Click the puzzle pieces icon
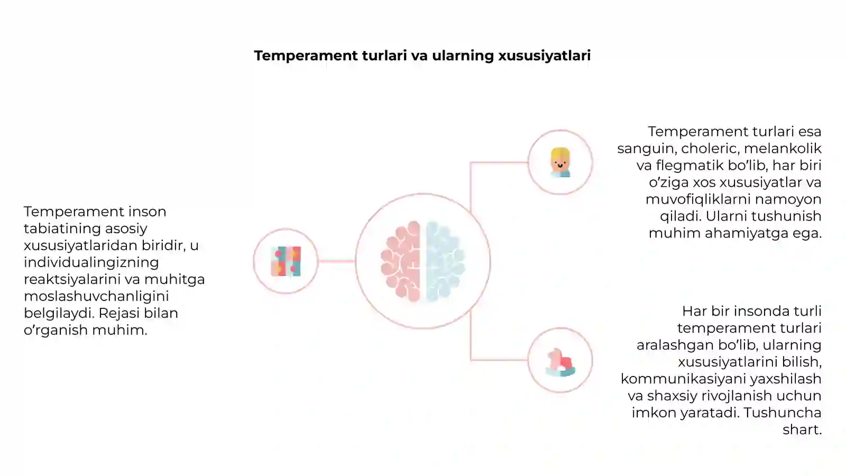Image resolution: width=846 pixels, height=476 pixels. click(x=286, y=261)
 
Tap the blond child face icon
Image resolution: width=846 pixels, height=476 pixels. click(x=560, y=162)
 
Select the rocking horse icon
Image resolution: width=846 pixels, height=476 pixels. click(x=560, y=362)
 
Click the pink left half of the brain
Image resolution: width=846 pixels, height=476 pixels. click(x=401, y=261)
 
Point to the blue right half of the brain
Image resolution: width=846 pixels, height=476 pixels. click(x=445, y=261)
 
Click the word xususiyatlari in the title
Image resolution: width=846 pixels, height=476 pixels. click(x=544, y=56)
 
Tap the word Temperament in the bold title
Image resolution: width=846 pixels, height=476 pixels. click(x=306, y=56)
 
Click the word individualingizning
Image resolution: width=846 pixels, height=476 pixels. click(x=91, y=262)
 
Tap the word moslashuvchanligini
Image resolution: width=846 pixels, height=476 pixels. click(x=96, y=296)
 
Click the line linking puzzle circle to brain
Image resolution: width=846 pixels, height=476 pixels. click(x=336, y=261)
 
